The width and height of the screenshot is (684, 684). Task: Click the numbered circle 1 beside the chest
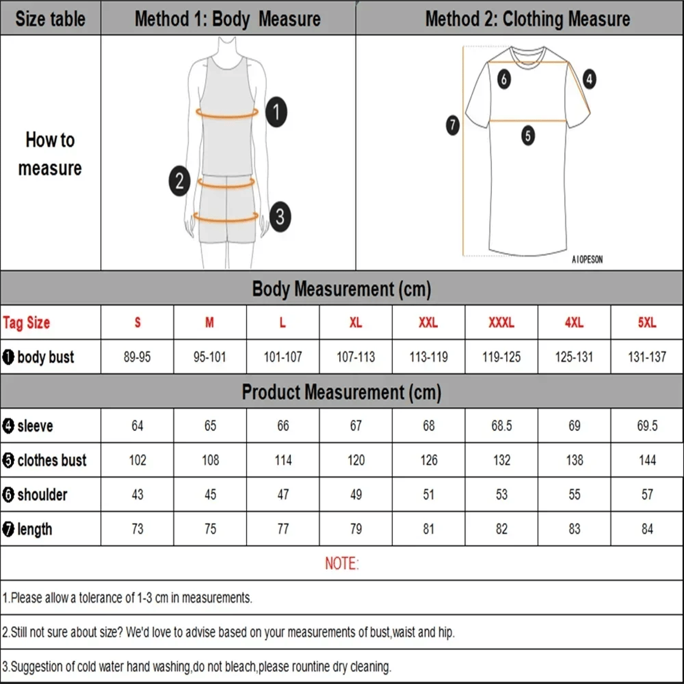[x=276, y=112]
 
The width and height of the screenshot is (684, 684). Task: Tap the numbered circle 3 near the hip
[x=280, y=217]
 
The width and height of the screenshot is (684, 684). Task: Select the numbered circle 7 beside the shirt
[x=453, y=125]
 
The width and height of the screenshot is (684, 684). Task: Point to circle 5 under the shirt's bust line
[x=528, y=136]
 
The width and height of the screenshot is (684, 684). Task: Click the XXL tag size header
[x=428, y=323]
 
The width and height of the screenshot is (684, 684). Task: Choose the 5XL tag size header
[x=647, y=323]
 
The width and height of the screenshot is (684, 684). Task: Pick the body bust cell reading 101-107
[x=283, y=357]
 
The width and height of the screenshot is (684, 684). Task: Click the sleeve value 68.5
[x=502, y=426]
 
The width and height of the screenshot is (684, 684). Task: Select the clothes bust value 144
[x=647, y=460]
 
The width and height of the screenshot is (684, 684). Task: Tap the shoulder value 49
[x=356, y=495]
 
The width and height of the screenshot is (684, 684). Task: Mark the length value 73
[x=137, y=529]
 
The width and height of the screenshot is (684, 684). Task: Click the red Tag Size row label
[x=27, y=323]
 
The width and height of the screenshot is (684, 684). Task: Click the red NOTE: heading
[x=342, y=564]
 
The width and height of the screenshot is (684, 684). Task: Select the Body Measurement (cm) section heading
[x=341, y=289]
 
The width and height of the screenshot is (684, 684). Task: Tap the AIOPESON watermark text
[x=587, y=259]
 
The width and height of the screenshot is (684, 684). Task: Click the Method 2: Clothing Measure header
[x=527, y=19]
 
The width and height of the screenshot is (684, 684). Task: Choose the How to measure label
[x=50, y=154]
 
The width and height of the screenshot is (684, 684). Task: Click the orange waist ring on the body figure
[x=227, y=183]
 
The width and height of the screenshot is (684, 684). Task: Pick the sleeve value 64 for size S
[x=137, y=426]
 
